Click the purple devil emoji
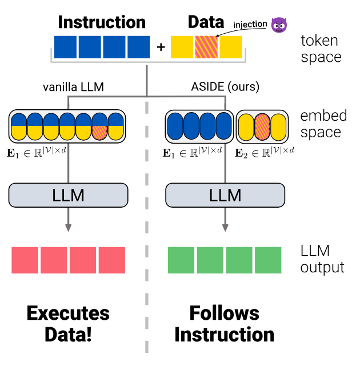[279, 24]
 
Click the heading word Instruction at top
[102, 22]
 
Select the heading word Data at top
[206, 22]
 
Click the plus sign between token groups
[161, 47]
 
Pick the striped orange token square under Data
[206, 47]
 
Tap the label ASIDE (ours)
[226, 87]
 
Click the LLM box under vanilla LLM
[69, 195]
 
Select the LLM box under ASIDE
[225, 195]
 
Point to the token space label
[321, 49]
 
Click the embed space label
[323, 124]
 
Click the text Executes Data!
[68, 323]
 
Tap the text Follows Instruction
[225, 323]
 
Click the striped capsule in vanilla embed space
[100, 126]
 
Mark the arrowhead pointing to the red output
[69, 227]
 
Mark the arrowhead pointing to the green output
[225, 227]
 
